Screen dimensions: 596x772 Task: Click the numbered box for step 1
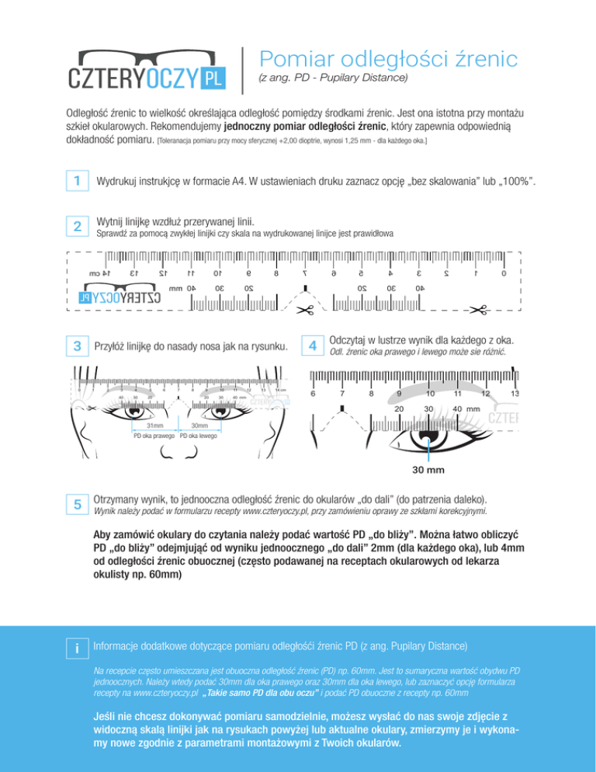(x=76, y=181)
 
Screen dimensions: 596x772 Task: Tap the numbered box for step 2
(x=76, y=226)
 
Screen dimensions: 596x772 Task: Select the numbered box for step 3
(x=76, y=345)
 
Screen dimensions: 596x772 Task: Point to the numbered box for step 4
(x=312, y=345)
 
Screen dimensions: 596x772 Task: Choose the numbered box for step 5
(x=76, y=504)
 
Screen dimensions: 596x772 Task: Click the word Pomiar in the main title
(x=293, y=58)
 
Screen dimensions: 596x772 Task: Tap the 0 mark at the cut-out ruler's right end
(x=504, y=273)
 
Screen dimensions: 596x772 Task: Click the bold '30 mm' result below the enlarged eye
(x=428, y=470)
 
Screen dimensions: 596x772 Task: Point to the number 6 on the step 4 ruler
(x=313, y=395)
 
